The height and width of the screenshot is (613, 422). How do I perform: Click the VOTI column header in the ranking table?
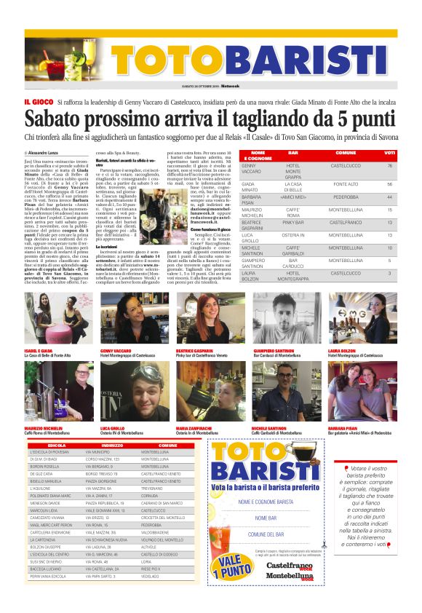(x=390, y=153)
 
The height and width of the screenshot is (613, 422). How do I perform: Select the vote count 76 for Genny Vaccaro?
(x=390, y=166)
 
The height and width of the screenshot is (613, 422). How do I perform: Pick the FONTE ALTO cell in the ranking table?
(x=345, y=184)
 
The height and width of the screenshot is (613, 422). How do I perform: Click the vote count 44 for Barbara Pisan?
(x=390, y=197)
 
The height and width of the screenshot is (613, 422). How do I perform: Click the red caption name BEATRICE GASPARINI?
(x=194, y=350)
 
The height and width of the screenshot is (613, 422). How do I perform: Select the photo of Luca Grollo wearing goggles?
(x=122, y=391)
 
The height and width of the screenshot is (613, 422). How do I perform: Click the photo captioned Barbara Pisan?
(x=351, y=391)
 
